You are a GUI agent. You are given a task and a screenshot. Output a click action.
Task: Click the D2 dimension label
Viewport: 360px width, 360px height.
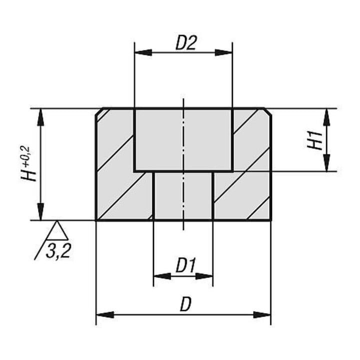185,43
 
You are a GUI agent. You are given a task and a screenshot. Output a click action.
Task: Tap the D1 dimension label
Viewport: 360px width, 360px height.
185,265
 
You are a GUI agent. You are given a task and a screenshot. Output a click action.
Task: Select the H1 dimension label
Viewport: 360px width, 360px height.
315,140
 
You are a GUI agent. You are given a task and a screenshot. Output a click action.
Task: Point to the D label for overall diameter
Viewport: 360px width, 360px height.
185,304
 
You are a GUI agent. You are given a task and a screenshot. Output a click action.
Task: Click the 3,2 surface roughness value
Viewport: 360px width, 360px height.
58,250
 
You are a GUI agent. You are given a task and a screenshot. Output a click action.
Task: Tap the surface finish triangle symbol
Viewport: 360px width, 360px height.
57,230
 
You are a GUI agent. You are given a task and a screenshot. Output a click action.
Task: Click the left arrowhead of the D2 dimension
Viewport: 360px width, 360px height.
143,52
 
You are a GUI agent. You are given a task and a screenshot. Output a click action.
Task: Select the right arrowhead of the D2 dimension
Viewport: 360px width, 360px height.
224,52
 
